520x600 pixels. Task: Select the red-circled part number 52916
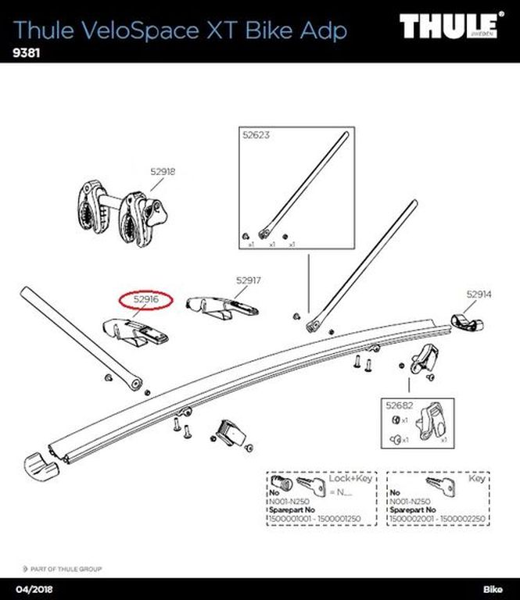147,298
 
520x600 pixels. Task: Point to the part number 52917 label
248,279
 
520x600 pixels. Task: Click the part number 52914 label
479,295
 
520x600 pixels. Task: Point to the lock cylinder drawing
280,482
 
